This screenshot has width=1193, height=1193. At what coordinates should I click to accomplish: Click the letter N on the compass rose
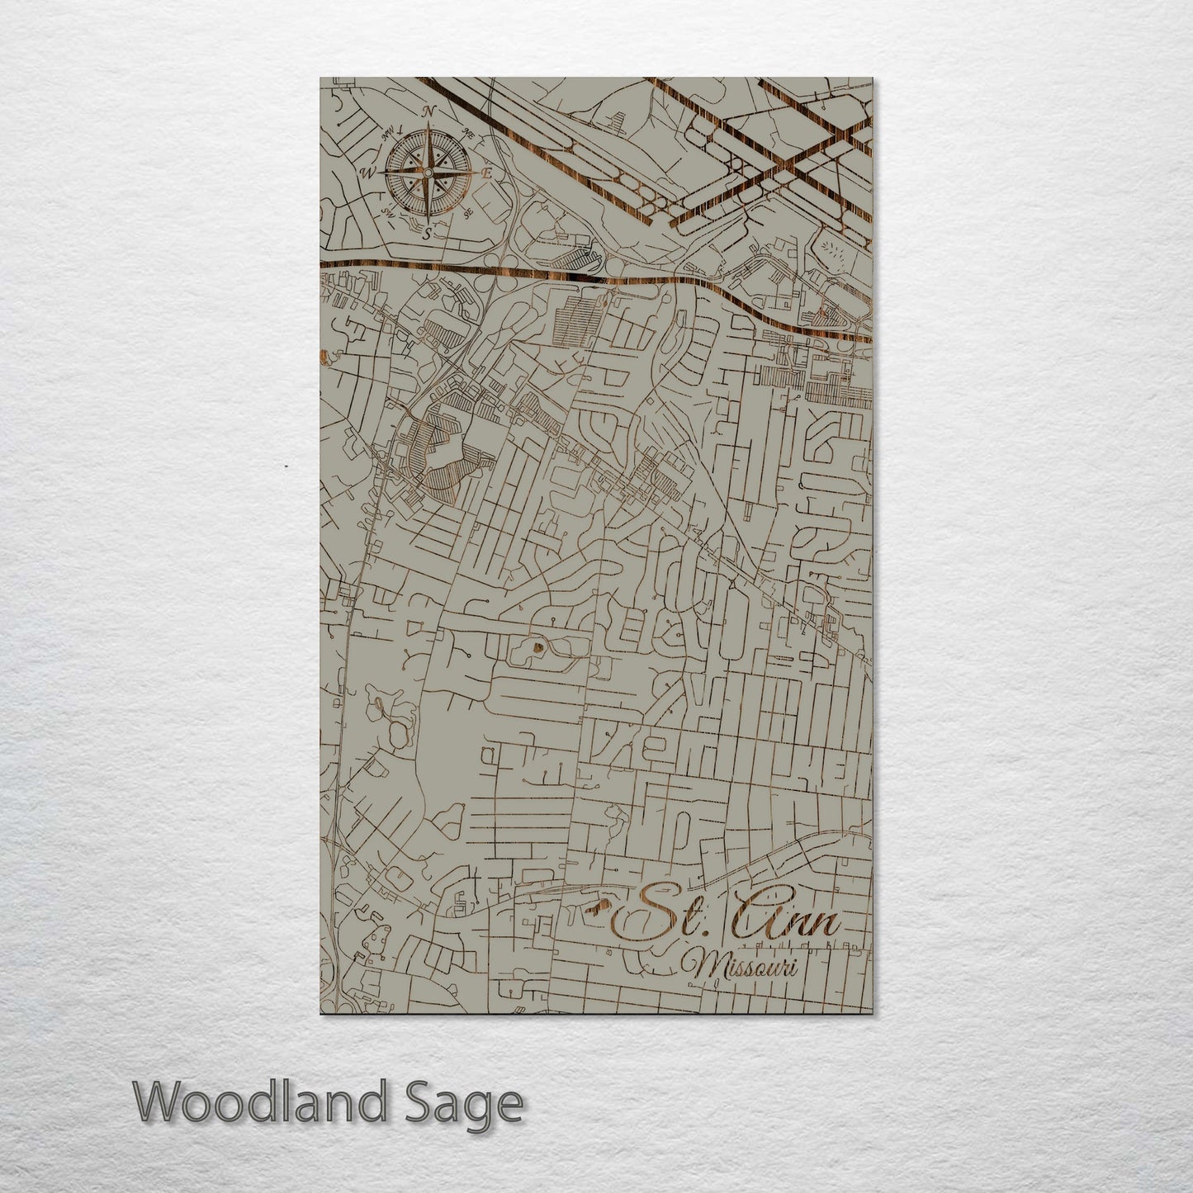tap(428, 111)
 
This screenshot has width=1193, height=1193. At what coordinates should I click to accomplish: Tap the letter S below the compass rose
tap(427, 234)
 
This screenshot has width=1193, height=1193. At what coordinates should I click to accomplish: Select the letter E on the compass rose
tap(487, 174)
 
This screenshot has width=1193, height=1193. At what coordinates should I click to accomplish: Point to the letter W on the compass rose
tap(368, 173)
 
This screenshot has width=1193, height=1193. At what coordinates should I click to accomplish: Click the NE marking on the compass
tap(469, 133)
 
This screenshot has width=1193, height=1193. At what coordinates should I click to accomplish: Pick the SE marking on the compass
tap(467, 214)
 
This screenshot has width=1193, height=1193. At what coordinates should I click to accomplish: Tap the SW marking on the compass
tap(386, 212)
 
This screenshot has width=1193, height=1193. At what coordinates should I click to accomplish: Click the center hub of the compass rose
tap(428, 172)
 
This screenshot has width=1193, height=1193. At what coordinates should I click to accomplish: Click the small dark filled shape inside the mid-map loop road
tap(537, 647)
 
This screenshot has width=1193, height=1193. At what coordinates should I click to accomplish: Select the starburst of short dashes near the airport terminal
tap(838, 252)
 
